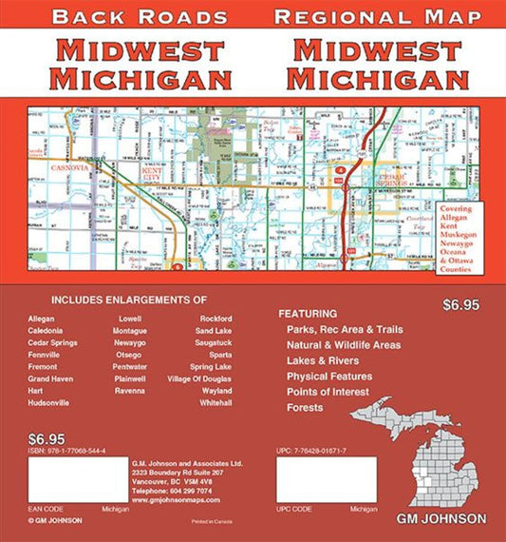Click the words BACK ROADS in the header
pyautogui.click(x=141, y=17)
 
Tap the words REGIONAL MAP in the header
pyautogui.click(x=377, y=17)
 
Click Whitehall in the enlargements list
pyautogui.click(x=216, y=403)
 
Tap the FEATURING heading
pyautogui.click(x=308, y=313)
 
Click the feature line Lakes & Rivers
pyautogui.click(x=323, y=360)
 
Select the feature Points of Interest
pyautogui.click(x=329, y=392)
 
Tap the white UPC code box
pyautogui.click(x=327, y=479)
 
